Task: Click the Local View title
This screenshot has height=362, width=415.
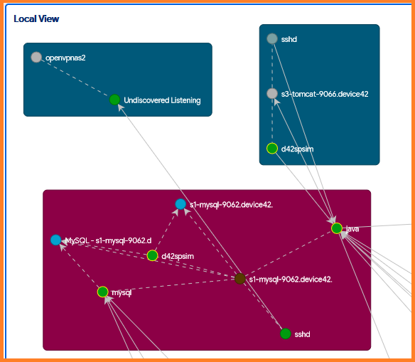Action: [36, 18]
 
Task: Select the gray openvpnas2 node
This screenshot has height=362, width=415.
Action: [36, 57]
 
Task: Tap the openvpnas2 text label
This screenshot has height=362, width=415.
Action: [65, 58]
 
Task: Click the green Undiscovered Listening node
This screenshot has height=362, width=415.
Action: [114, 100]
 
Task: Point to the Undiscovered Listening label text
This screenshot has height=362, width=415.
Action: [162, 100]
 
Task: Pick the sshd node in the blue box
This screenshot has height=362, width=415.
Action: [272, 38]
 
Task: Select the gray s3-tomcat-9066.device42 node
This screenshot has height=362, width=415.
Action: [272, 93]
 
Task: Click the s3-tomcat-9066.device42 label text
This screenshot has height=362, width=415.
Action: [325, 94]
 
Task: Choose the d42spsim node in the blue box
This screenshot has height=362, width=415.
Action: [272, 149]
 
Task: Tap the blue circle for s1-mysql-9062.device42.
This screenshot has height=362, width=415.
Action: [180, 204]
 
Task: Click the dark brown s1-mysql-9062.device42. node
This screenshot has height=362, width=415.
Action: [240, 279]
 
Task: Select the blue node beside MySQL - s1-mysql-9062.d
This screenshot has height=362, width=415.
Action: [56, 240]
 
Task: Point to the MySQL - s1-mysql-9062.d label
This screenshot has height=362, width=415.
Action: [108, 240]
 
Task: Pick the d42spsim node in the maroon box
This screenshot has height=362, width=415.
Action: [153, 255]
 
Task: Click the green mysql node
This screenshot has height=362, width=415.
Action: [103, 292]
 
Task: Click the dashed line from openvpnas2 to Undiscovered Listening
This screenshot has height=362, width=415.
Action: [75, 78]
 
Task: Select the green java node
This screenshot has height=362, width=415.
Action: [337, 228]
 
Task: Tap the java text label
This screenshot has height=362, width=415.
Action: [352, 229]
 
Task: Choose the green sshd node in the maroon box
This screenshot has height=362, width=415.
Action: [286, 334]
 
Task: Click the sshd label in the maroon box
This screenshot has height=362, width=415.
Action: [302, 334]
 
